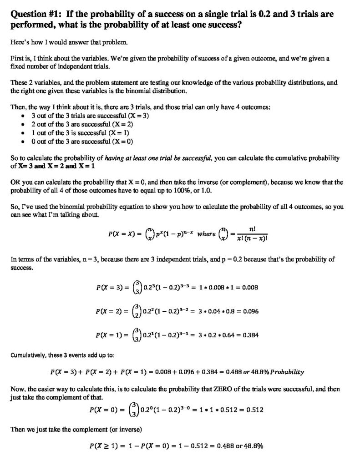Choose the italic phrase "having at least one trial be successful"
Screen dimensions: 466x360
tap(157, 158)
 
